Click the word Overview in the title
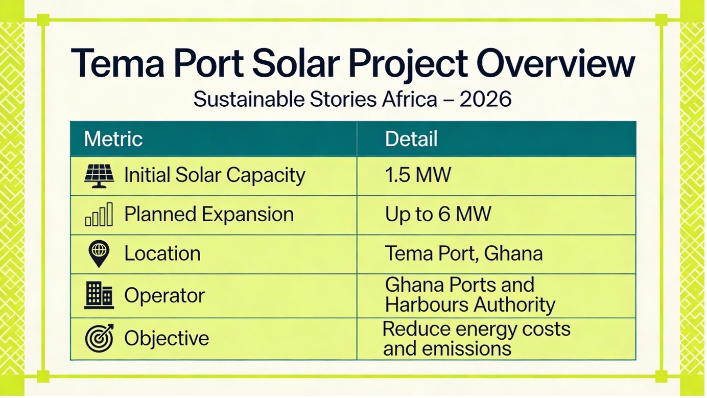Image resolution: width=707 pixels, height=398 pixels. point(555,63)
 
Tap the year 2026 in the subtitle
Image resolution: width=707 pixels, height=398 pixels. point(485,99)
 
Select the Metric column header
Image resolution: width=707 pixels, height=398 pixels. point(113,139)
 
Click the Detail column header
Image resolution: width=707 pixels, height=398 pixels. point(411,139)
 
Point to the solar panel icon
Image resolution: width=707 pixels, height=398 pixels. point(99,176)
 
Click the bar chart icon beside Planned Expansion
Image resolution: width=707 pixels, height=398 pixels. point(99,214)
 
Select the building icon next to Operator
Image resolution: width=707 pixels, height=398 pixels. point(99,295)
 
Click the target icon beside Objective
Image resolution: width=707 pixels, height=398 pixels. point(100,338)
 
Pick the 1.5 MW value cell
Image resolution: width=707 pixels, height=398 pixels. point(418,175)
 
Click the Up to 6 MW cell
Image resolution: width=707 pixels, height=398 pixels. point(438,215)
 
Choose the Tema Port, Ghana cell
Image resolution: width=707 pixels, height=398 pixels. point(464,254)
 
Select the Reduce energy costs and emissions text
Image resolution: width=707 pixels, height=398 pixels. point(477,339)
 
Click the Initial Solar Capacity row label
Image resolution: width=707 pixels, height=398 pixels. point(215,175)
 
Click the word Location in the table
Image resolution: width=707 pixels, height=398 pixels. point(162,254)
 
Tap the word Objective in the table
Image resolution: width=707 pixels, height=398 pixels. point(167,339)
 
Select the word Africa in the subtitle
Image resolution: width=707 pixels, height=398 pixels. point(410,99)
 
